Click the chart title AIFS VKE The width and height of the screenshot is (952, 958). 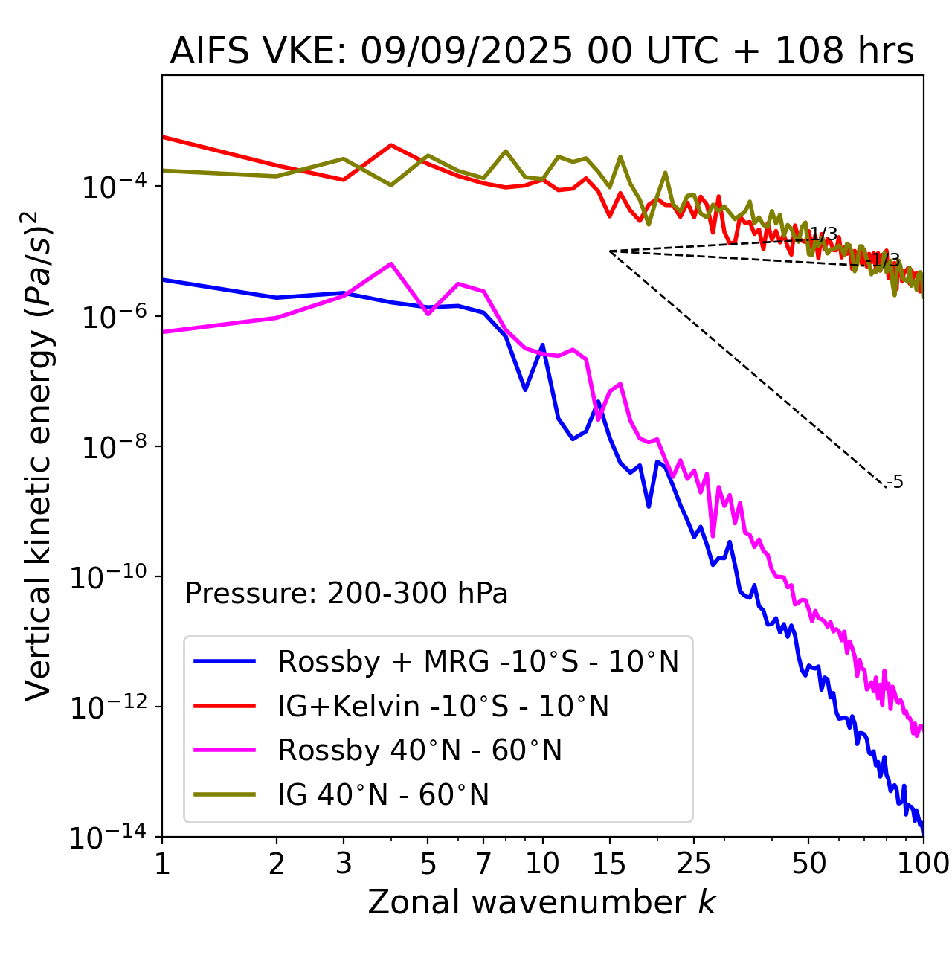pos(541,52)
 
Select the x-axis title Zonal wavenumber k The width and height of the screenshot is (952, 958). pos(541,902)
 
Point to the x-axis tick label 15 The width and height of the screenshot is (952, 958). pos(610,864)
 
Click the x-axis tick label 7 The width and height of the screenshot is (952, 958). pos(483,864)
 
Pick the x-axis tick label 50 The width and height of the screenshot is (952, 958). pos(808,864)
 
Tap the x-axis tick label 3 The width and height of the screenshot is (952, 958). pos(344,864)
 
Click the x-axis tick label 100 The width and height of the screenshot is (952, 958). pos(922,864)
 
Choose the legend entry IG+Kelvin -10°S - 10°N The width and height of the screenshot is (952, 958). pos(443,706)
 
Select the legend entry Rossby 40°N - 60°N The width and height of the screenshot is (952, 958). pos(419,750)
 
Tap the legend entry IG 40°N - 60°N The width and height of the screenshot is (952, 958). pos(383,795)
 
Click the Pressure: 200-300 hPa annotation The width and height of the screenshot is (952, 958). pos(347,594)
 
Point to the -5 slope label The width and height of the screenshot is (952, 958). pos(895,482)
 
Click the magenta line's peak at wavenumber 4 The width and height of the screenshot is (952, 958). pos(391,263)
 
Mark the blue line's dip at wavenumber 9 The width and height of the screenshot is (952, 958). pos(525,390)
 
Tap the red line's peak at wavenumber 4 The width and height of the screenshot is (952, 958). pos(391,145)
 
